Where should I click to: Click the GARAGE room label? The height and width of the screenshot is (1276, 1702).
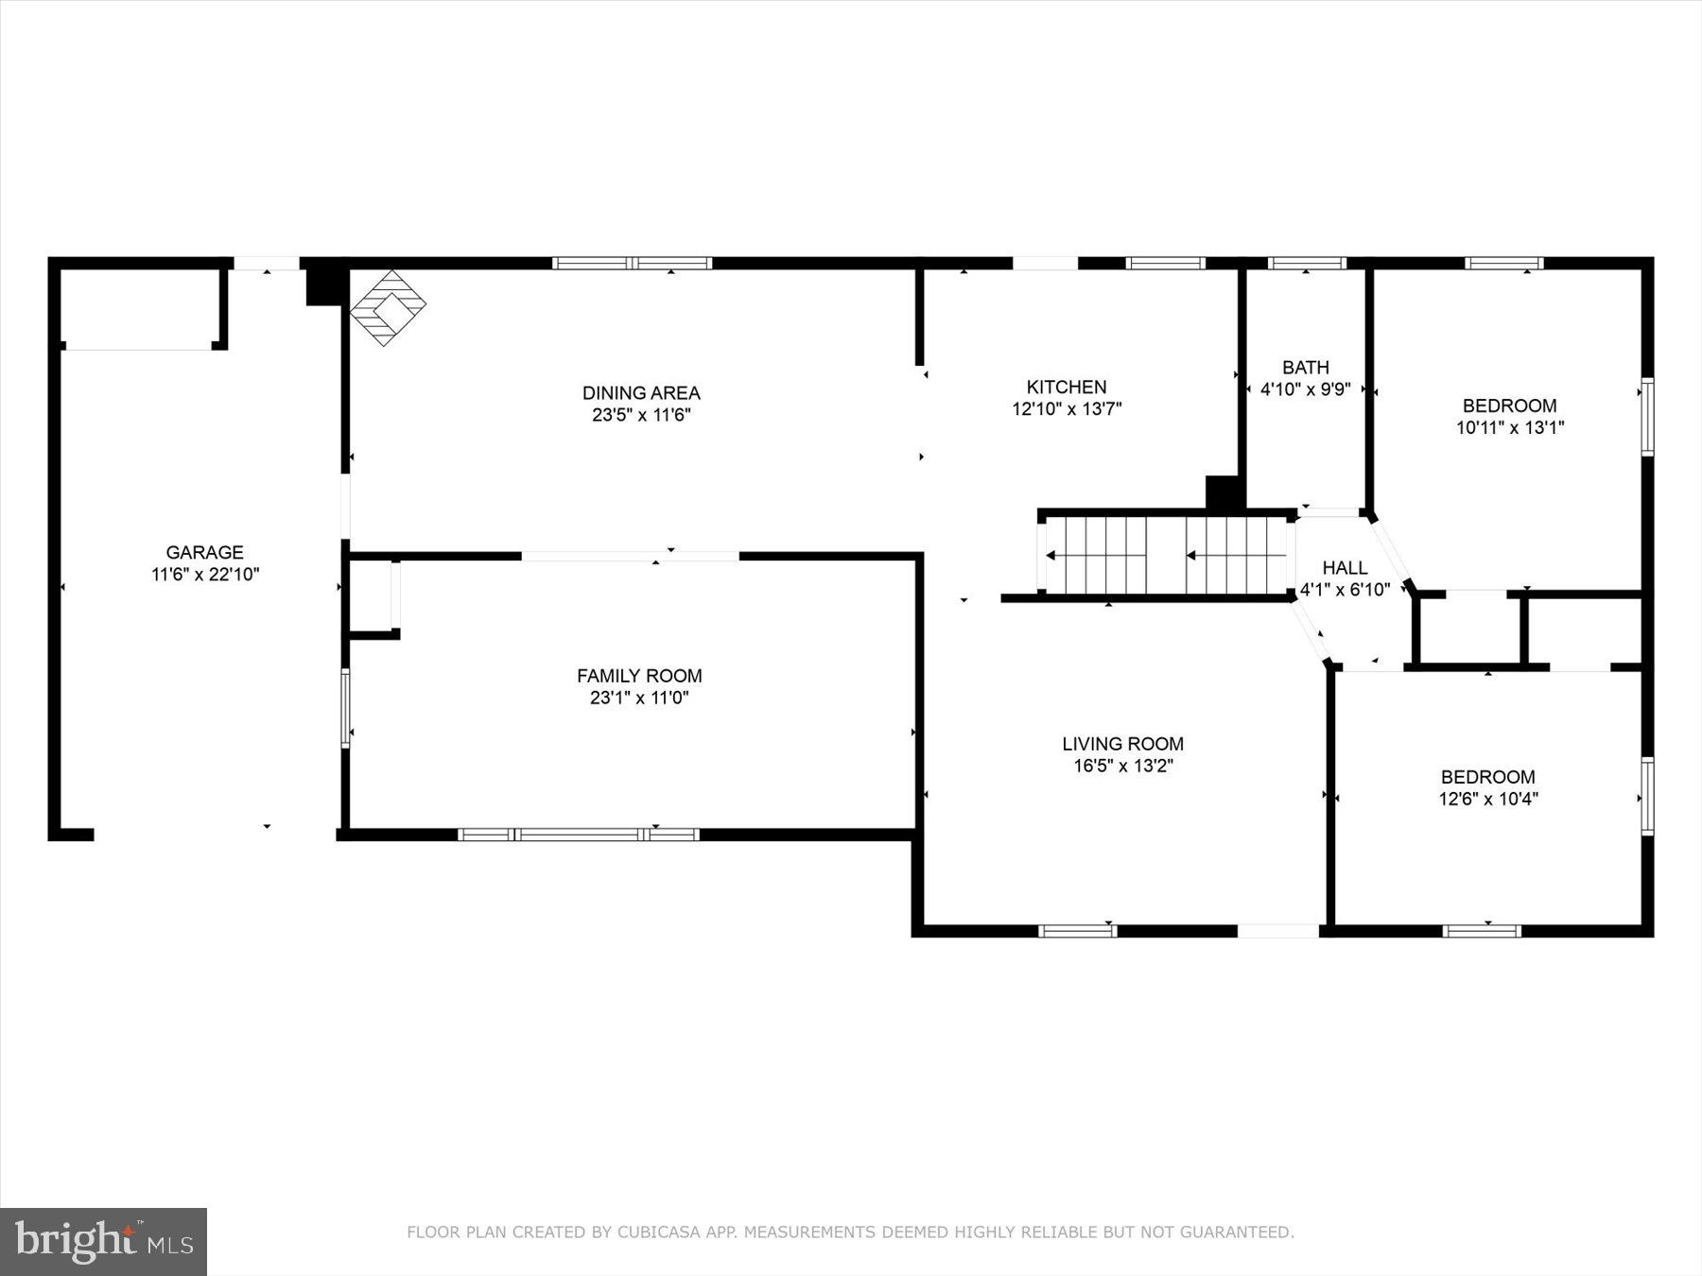click(x=204, y=552)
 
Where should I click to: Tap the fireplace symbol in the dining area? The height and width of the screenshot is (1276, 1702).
click(x=388, y=307)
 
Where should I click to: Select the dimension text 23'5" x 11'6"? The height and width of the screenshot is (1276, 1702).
click(x=641, y=415)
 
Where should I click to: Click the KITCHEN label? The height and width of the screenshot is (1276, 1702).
click(x=1067, y=387)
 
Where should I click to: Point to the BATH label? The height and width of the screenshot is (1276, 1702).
click(x=1306, y=367)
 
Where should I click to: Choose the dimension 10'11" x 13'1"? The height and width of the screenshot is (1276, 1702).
click(x=1509, y=427)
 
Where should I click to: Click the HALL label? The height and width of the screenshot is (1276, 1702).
click(x=1345, y=567)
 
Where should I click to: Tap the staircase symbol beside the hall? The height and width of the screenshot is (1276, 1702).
click(x=1165, y=556)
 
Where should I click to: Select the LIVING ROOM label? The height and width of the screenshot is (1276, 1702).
click(x=1122, y=744)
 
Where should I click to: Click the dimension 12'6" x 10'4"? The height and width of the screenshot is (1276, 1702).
click(x=1488, y=799)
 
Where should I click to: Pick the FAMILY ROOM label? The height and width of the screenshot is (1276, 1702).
click(x=639, y=676)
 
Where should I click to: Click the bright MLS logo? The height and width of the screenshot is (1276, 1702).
click(x=103, y=1241)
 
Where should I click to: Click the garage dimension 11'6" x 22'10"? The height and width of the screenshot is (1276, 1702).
click(x=204, y=575)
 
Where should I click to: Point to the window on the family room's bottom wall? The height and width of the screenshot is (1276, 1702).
click(x=579, y=835)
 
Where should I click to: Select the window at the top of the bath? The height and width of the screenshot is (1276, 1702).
click(x=1307, y=263)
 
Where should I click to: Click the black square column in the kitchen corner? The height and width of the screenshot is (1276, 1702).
click(x=1223, y=493)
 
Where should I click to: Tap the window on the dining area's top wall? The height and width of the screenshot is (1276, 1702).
click(x=633, y=263)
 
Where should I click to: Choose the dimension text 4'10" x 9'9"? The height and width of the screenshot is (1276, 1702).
click(x=1306, y=389)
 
